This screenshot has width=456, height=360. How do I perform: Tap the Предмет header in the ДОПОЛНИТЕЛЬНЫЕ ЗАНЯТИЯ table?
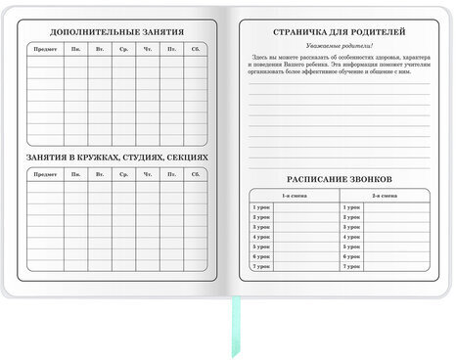pos(45,49)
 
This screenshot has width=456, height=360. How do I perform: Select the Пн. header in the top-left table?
pos(75,49)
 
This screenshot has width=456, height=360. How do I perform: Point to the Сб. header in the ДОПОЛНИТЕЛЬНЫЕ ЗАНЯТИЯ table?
pos(196,49)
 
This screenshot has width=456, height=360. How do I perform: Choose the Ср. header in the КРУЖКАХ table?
pos(123,174)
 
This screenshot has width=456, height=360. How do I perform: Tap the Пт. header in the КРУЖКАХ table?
pos(171,174)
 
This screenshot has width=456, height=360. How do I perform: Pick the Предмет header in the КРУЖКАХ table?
pos(45,174)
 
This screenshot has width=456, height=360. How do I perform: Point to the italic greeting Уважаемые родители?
pos(337,46)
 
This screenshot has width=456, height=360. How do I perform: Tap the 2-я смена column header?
pos(385,197)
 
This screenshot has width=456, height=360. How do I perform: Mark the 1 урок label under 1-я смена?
pos(261,207)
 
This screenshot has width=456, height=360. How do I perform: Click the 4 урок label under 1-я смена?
pos(261,237)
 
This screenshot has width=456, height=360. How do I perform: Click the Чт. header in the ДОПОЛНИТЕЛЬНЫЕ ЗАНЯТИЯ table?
pos(148,49)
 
